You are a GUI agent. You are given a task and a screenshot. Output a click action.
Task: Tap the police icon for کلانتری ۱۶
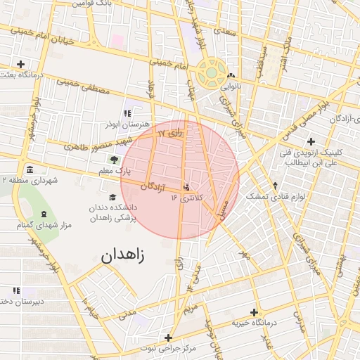pyautogui.click(x=187, y=187)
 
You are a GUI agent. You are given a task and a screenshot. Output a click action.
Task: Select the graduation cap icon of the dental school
pyautogui.click(x=112, y=198)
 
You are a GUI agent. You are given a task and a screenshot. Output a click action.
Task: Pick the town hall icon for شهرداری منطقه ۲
pyautogui.click(x=30, y=170)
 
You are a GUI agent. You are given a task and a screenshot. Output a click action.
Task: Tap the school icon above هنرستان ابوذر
pyautogui.click(x=127, y=113)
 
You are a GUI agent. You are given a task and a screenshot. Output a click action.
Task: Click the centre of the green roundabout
pyautogui.click(x=212, y=72)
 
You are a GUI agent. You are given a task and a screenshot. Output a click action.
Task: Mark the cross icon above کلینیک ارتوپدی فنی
pyautogui.click(x=310, y=141)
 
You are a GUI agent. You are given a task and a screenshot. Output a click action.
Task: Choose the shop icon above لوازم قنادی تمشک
pyautogui.click(x=274, y=186)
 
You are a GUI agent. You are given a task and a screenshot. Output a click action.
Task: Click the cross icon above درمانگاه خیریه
pyautogui.click(x=254, y=312)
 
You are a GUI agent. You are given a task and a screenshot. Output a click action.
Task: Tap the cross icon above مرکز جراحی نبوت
pyautogui.click(x=168, y=337)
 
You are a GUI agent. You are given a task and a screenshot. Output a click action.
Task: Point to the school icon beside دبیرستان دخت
pyautogui.click(x=16, y=290)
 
